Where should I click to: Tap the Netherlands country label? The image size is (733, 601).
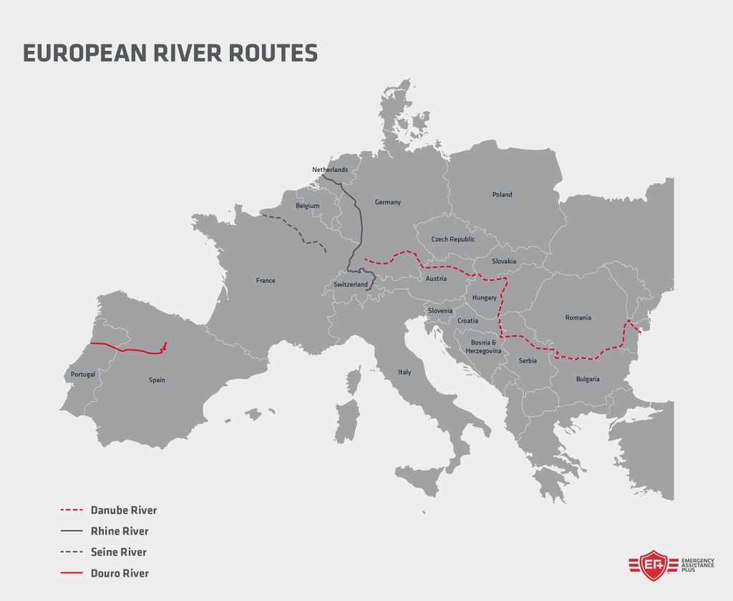click(x=329, y=170)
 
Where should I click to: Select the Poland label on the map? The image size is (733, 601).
click(x=502, y=194)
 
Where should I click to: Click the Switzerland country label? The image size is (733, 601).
click(x=350, y=284)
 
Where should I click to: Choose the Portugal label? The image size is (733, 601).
click(x=83, y=375)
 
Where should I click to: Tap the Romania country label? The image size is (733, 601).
click(x=577, y=317)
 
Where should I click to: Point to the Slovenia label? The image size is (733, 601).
click(x=440, y=310)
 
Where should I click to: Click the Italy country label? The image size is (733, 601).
click(x=405, y=372)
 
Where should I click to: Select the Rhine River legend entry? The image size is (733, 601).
click(x=120, y=532)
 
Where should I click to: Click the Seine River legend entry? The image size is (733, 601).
click(x=120, y=552)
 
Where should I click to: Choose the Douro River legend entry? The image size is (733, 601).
click(x=120, y=573)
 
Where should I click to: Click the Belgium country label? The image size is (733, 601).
click(x=307, y=206)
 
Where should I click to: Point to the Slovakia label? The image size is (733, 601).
click(x=504, y=261)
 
